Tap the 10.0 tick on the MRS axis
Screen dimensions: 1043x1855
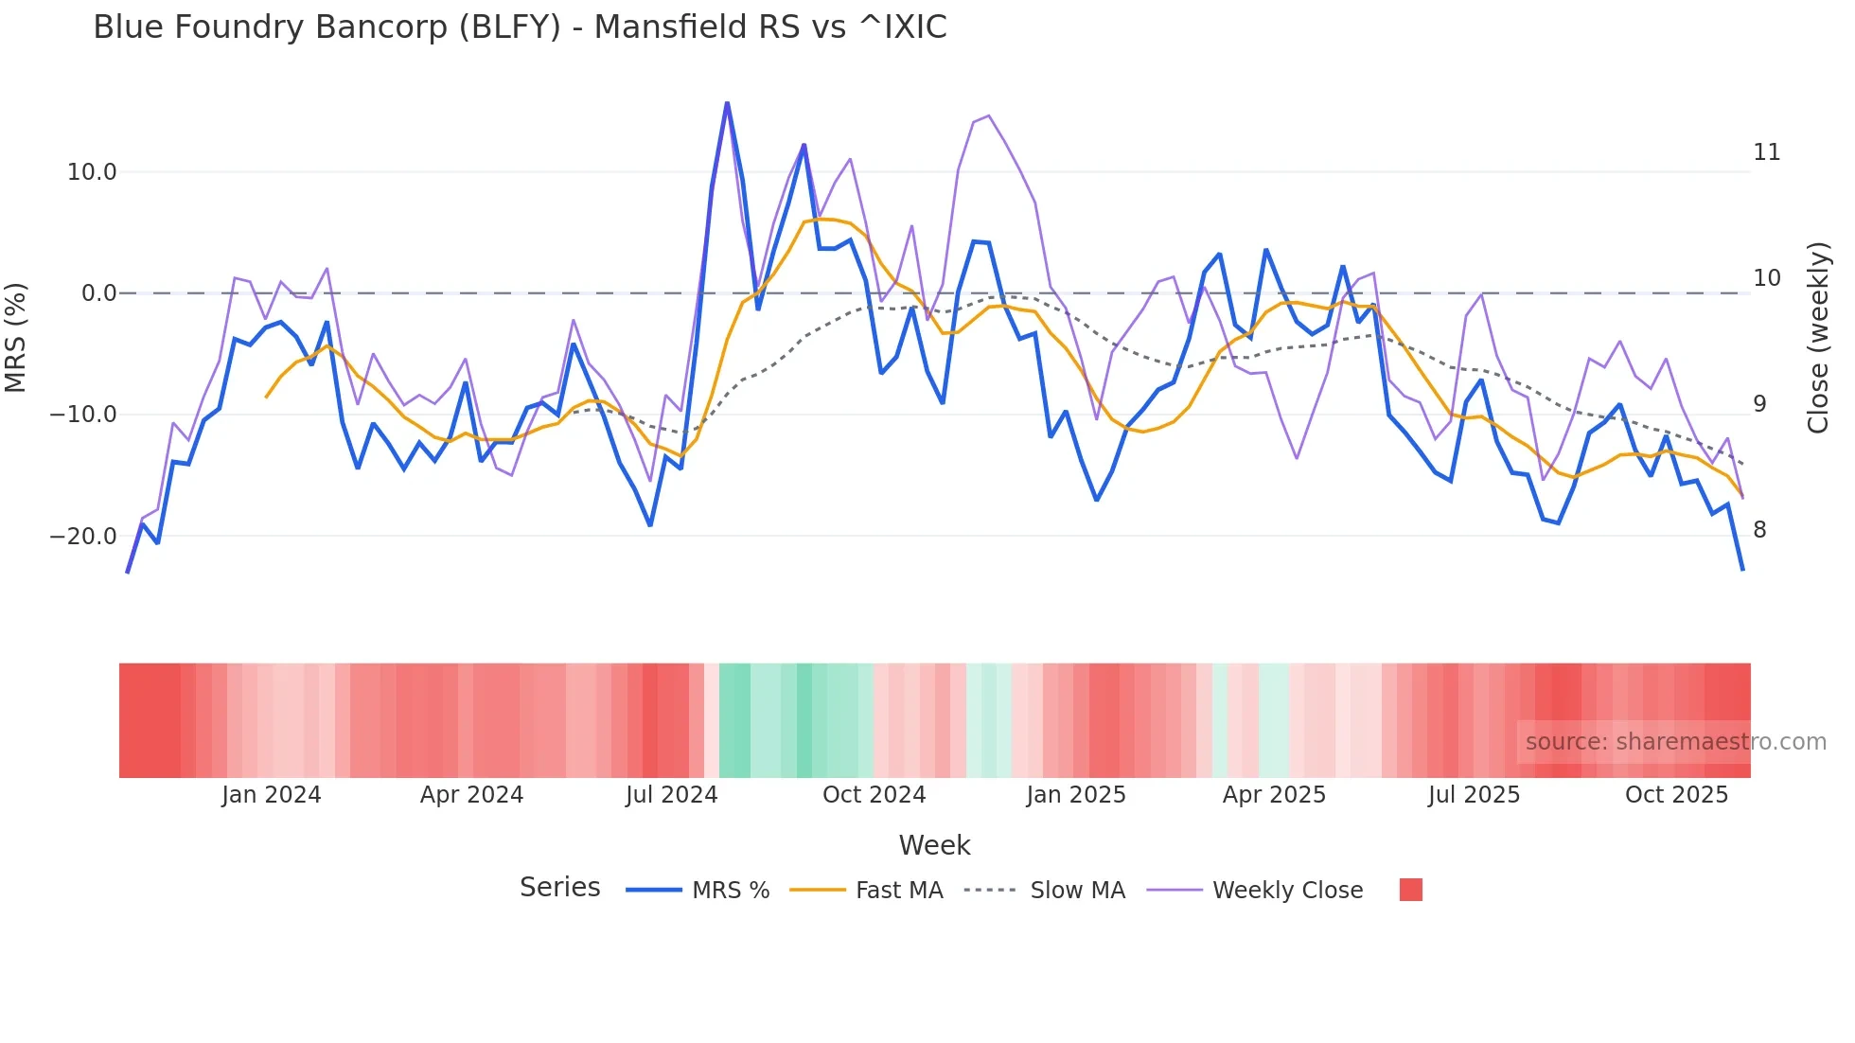[92, 172]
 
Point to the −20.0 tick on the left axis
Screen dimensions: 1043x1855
[83, 537]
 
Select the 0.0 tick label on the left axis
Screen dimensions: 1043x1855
[98, 293]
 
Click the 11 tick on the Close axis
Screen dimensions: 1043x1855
[1766, 152]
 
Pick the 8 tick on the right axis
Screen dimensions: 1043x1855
[1759, 530]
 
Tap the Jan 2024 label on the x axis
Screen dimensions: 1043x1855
[272, 795]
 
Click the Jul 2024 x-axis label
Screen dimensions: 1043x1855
[671, 795]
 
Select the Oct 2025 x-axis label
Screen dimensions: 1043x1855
[1676, 795]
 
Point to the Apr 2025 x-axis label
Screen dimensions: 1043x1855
[1274, 795]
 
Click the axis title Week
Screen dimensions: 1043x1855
[934, 845]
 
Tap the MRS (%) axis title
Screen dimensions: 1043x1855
[16, 337]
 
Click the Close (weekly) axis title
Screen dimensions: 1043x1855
[1818, 338]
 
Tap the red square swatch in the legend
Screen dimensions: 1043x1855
[1410, 890]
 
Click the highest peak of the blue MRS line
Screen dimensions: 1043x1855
[727, 103]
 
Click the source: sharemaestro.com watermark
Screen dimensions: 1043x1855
[1675, 742]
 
